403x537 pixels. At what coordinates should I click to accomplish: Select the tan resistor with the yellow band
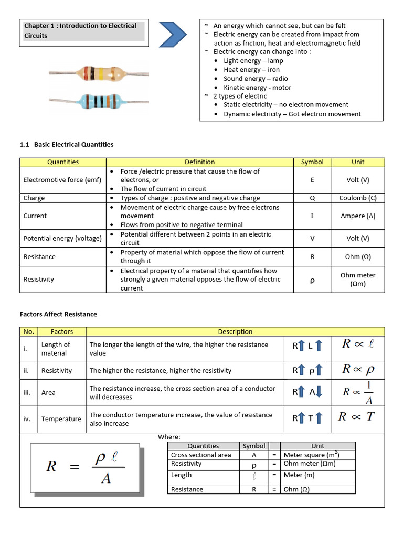click(98, 74)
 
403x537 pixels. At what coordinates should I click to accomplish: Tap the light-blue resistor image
click(98, 100)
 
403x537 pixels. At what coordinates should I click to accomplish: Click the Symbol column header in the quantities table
click(312, 162)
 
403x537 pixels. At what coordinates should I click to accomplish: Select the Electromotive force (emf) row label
click(62, 180)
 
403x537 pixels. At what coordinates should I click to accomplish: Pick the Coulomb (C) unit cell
click(358, 198)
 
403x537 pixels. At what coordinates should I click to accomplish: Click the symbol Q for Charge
click(312, 198)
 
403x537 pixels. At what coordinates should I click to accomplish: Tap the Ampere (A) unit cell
click(358, 216)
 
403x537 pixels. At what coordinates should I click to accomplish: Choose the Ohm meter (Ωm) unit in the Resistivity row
click(358, 279)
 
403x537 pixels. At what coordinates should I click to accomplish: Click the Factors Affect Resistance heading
click(58, 314)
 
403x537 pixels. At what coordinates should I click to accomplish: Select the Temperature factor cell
click(61, 419)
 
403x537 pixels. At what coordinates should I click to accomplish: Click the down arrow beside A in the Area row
click(320, 392)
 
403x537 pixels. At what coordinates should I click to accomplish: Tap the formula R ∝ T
click(356, 417)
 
